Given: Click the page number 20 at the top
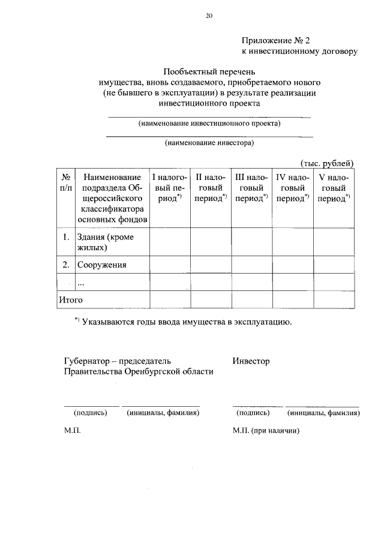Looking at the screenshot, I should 209,16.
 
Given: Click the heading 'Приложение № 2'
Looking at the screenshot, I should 275,41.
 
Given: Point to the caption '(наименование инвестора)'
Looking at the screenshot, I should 209,143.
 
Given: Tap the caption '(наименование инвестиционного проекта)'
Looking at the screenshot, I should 209,123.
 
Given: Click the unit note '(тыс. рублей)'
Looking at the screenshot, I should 326,163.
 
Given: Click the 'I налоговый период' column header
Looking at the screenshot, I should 170,187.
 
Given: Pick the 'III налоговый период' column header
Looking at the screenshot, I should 251,187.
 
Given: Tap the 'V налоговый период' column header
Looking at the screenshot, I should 334,187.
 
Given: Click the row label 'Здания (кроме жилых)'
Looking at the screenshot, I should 105,242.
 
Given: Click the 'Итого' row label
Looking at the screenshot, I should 70,299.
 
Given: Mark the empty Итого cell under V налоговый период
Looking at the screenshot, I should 334,299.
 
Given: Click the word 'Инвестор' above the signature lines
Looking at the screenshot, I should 251,361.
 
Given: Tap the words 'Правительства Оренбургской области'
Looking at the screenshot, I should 139,371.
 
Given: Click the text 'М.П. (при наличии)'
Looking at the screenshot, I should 265,431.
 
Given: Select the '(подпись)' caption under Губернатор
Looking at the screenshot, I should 90,413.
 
